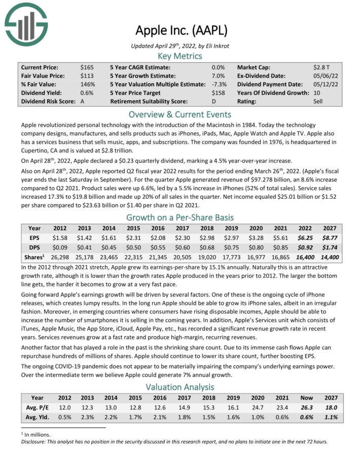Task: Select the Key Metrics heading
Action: click(x=179, y=56)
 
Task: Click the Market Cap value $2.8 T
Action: click(x=321, y=67)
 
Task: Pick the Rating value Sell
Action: click(x=318, y=101)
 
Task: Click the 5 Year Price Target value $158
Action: click(x=219, y=93)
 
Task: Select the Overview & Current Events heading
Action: click(x=179, y=114)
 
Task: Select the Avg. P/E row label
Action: click(x=37, y=408)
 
